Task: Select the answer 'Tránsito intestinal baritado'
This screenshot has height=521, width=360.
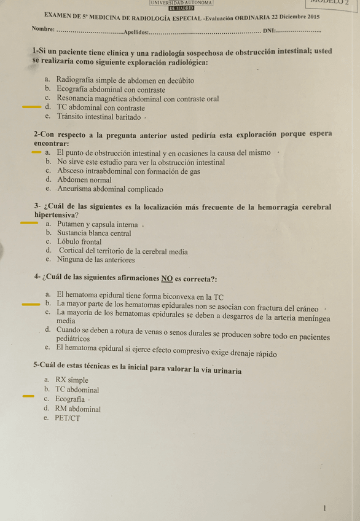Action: coord(100,116)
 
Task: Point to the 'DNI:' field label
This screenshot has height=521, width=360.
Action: coord(269,32)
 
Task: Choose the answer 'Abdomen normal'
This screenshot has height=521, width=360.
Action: coord(84,180)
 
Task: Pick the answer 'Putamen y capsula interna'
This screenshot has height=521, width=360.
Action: coord(97,224)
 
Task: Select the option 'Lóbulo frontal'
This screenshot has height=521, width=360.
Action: coord(79,242)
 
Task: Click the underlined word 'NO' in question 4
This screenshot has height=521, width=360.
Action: coord(166,278)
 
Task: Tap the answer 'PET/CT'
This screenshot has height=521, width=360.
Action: coord(68,418)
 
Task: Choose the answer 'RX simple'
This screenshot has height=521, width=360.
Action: coord(72,380)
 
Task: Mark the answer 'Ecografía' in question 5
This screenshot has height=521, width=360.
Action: coord(70,399)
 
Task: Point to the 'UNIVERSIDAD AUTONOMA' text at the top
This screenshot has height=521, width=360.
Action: coord(181,3)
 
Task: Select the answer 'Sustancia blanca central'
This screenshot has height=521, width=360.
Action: coord(94,233)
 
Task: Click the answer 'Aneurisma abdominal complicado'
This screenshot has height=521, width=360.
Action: coord(110,189)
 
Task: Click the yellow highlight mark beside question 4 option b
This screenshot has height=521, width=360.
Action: coord(30,304)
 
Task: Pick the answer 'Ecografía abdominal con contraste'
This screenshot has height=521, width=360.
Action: coord(111,90)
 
